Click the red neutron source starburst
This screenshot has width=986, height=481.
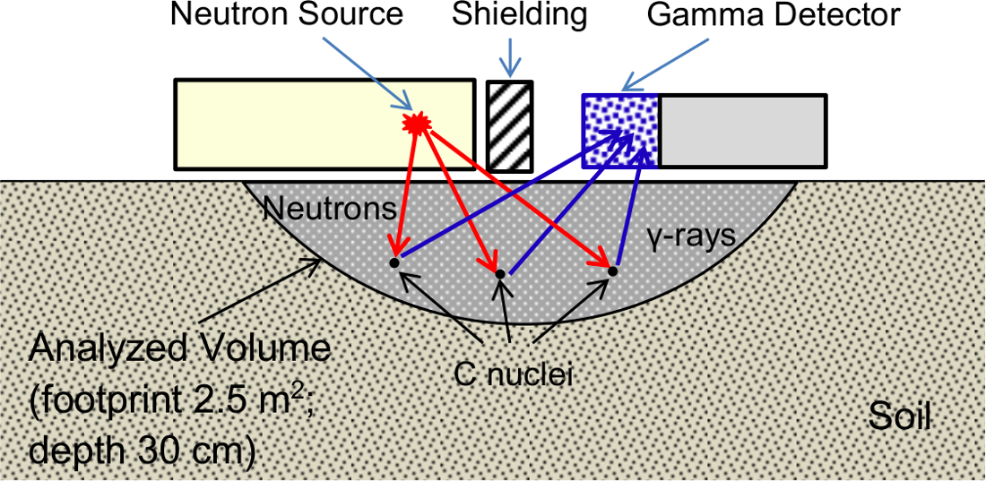coord(415,124)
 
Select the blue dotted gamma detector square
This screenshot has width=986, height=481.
coord(620,131)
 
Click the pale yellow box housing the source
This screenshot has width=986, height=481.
coord(296,124)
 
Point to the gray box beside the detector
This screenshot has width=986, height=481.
coord(743,131)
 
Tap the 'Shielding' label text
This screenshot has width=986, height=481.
coord(519,15)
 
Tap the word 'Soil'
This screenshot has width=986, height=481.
coord(899,416)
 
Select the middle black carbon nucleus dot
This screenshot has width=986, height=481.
coord(501,273)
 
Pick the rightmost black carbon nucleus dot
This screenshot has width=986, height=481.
coord(613,271)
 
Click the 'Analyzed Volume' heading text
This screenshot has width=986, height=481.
coord(180,348)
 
